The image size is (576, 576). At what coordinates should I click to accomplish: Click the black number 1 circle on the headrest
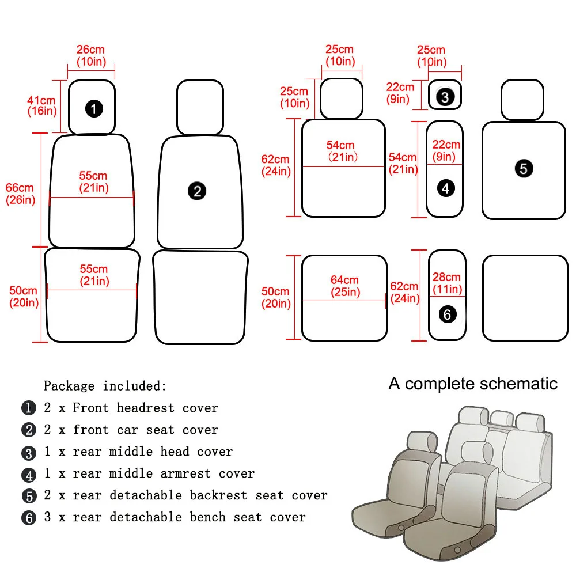pos(94,108)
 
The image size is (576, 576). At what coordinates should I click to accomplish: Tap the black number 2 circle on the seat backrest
pos(198,191)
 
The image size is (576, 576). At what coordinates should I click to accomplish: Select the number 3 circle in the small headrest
pos(445,97)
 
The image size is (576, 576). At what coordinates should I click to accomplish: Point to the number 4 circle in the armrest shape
pos(446,187)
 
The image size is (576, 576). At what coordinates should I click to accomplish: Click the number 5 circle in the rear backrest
pos(524,169)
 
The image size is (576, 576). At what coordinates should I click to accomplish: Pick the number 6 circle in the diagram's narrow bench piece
pos(448,314)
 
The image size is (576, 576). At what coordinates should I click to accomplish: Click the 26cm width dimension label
pos(90,50)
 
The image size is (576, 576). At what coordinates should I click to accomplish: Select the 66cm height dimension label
pos(20,188)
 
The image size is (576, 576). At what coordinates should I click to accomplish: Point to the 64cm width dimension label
pos(344,281)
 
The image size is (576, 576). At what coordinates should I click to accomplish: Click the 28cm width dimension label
pos(446,278)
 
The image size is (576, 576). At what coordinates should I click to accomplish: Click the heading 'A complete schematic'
pos(473,384)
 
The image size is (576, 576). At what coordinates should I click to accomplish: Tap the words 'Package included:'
pos(105,386)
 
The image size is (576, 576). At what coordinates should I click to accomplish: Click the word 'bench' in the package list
pos(208,517)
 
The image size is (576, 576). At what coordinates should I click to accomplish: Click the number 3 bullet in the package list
pos(28,453)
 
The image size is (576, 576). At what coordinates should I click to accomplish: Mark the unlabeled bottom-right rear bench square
pos(525,298)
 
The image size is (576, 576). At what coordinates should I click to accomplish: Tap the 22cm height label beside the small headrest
pos(400,88)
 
